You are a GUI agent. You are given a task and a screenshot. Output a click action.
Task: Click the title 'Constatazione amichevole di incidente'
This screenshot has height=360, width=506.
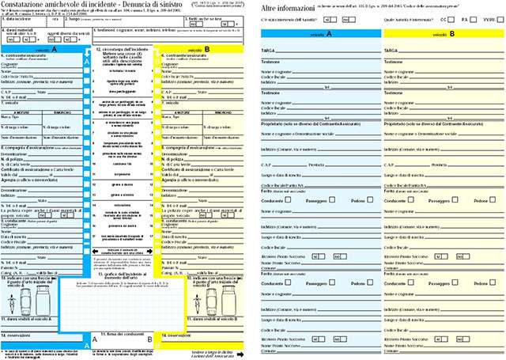[x=57, y=6]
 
